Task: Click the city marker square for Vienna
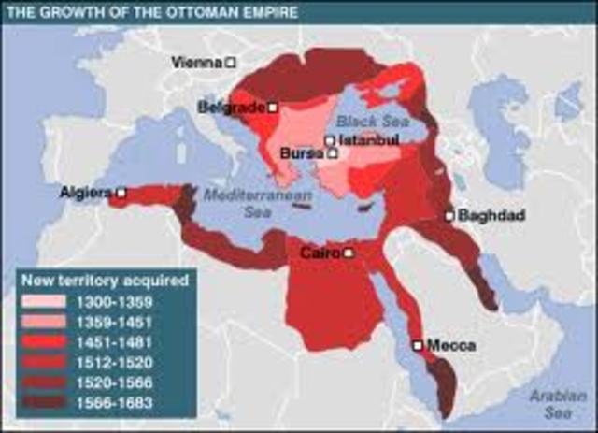tap(231, 63)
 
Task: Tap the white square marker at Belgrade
tap(273, 108)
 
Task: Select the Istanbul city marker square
tap(330, 141)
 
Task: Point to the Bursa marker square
tap(332, 152)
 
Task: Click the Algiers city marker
tap(121, 193)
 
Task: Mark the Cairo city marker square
tap(348, 253)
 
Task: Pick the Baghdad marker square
tap(449, 216)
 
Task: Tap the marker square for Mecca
tap(417, 345)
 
